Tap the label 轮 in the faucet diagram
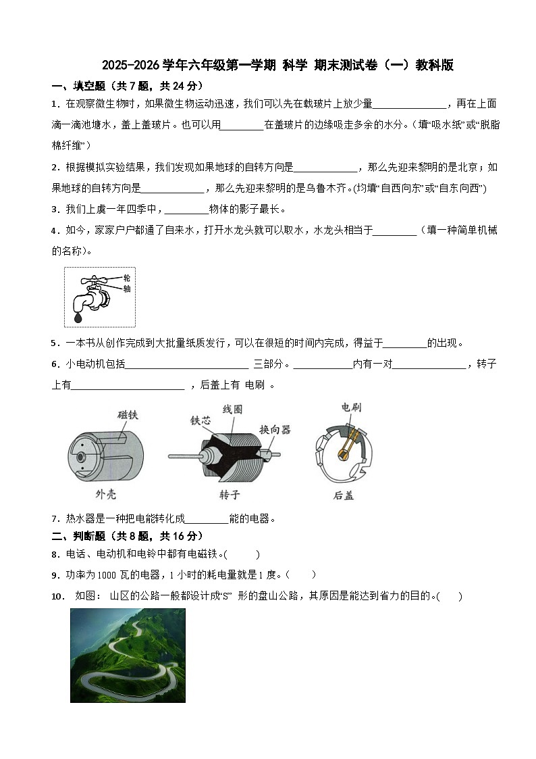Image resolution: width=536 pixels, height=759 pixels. pyautogui.click(x=126, y=278)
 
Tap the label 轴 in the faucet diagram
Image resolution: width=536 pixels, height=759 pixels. pyautogui.click(x=126, y=289)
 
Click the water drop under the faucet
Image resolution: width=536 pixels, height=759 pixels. pyautogui.click(x=78, y=316)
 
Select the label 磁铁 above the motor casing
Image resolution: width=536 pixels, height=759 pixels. pyautogui.click(x=128, y=415)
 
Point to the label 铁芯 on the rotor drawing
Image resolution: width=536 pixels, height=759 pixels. pyautogui.click(x=200, y=420)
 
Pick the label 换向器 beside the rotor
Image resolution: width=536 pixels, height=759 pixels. pyautogui.click(x=275, y=429)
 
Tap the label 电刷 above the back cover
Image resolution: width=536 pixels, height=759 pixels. pyautogui.click(x=351, y=407)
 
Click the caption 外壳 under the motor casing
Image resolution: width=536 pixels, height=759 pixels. pyautogui.click(x=105, y=494)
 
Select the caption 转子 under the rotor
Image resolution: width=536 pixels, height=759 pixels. pyautogui.click(x=229, y=495)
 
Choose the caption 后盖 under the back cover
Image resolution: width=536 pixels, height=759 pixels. pyautogui.click(x=343, y=495)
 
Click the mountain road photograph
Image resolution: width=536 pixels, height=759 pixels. pyautogui.click(x=128, y=655)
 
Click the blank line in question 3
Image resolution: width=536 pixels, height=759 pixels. pyautogui.click(x=186, y=210)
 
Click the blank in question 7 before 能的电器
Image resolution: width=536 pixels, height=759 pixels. pyautogui.click(x=206, y=519)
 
